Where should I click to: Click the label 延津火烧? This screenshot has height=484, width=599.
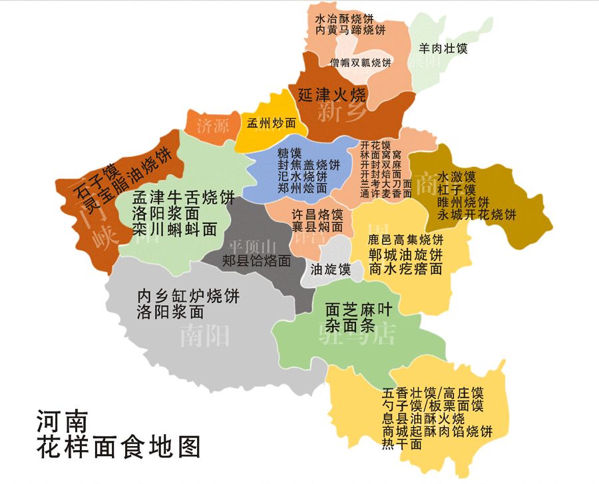(331, 93)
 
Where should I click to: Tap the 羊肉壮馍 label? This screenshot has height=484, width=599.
(443, 48)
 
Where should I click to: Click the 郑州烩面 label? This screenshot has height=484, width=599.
(303, 187)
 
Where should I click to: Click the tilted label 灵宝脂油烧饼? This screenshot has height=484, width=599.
(136, 174)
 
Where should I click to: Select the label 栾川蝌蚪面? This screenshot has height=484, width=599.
(174, 229)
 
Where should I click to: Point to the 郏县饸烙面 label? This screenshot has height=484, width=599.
(256, 260)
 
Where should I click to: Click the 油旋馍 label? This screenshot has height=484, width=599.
(331, 269)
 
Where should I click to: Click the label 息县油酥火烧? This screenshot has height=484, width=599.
(423, 419)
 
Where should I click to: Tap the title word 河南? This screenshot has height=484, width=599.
(62, 422)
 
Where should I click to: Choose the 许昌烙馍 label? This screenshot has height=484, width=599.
(318, 215)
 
